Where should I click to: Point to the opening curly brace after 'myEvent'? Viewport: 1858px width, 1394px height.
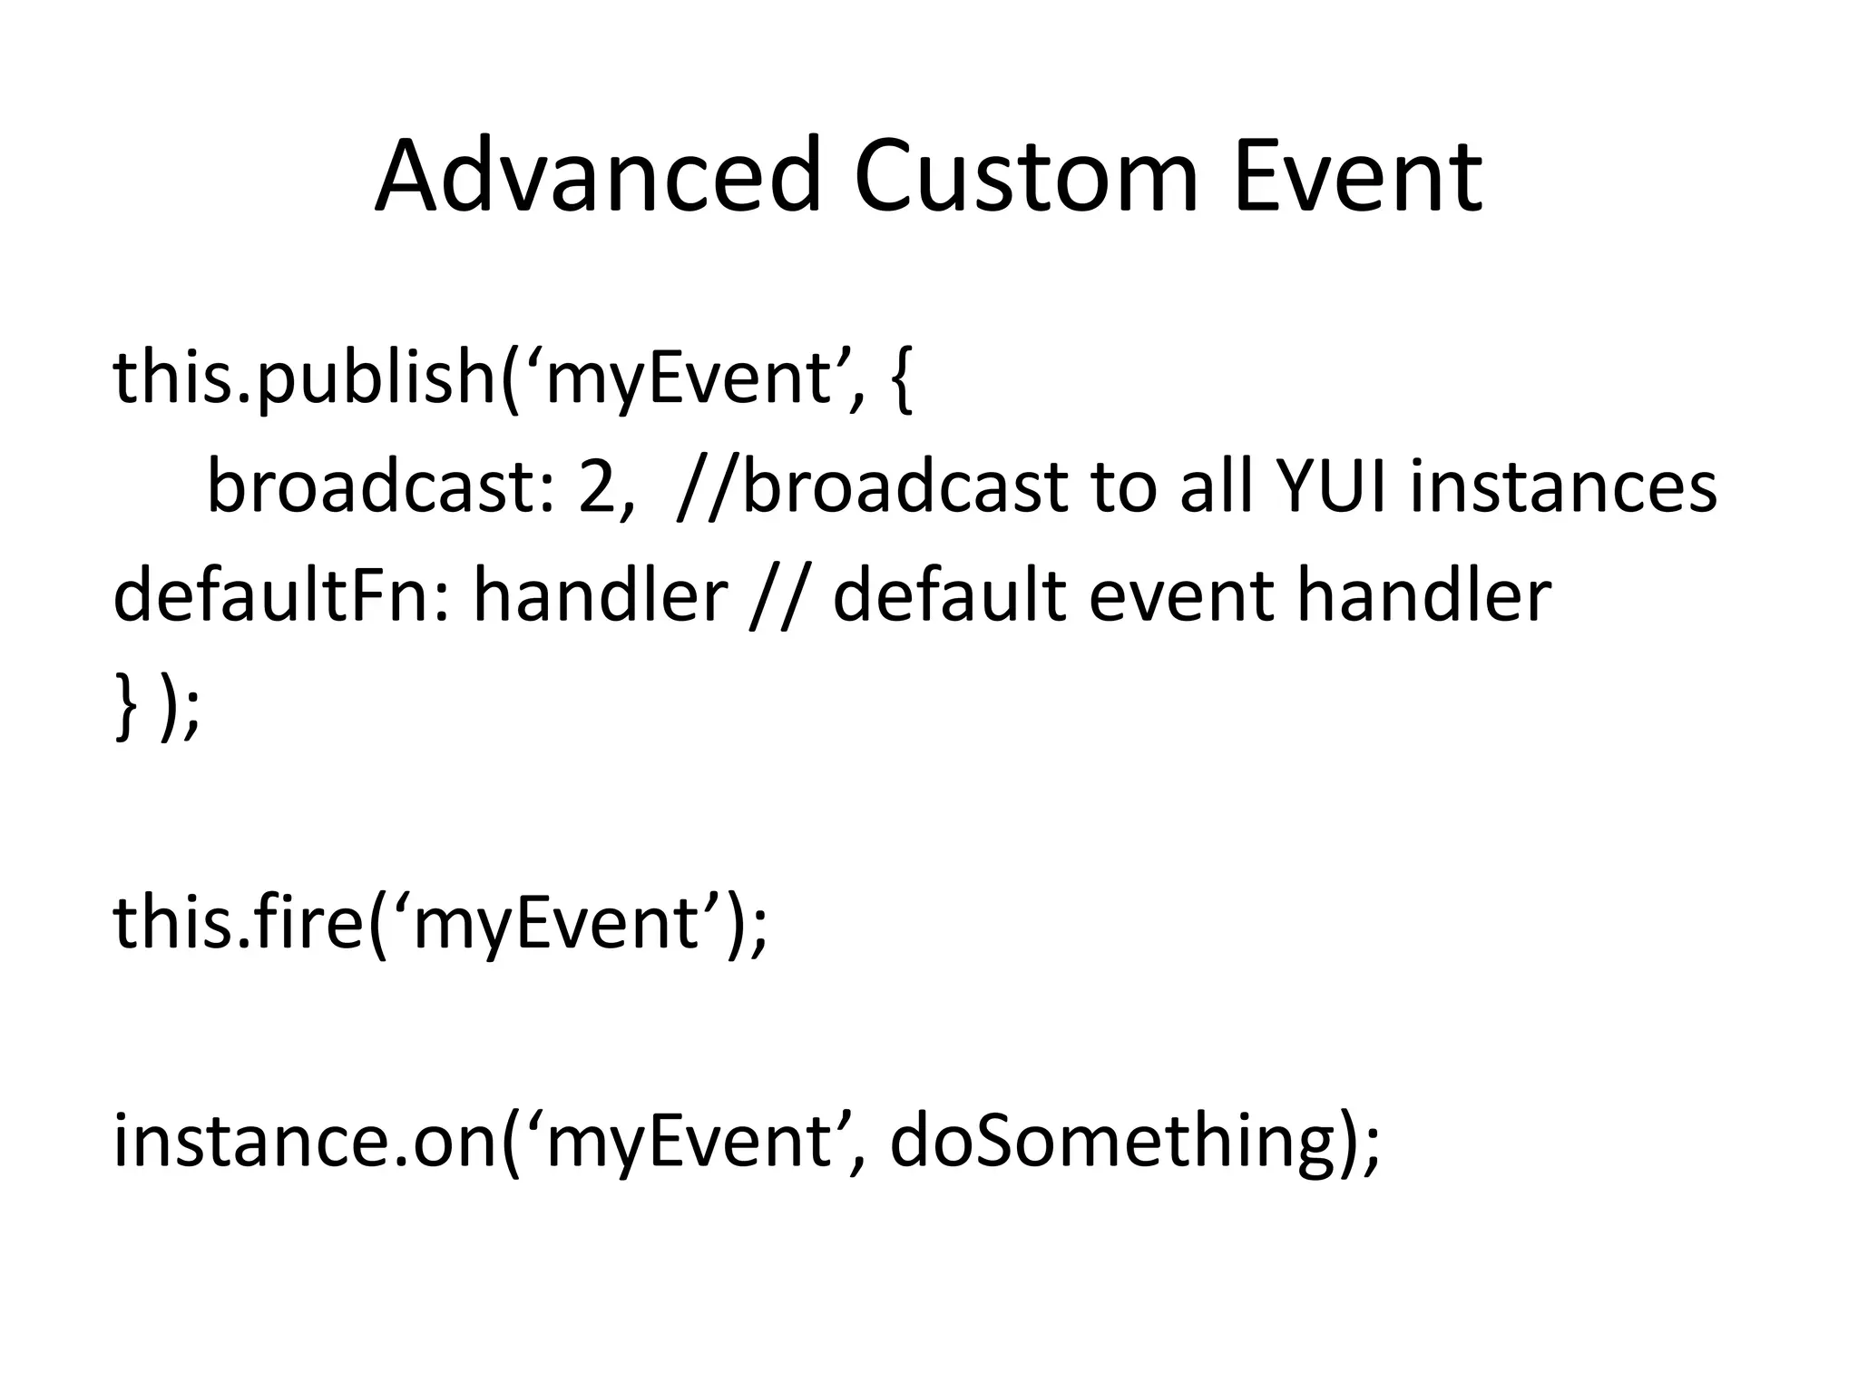pos(901,379)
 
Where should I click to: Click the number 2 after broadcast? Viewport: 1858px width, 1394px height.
pos(596,486)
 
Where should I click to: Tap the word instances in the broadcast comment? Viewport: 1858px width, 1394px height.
pos(1562,486)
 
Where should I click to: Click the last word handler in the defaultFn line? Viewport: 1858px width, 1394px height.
pos(1423,596)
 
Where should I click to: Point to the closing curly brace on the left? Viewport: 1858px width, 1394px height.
pos(126,706)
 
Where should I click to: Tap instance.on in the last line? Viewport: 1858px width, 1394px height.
pos(306,1141)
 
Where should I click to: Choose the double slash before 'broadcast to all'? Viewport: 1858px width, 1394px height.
pos(708,488)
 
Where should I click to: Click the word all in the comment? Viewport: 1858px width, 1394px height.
pos(1215,486)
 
